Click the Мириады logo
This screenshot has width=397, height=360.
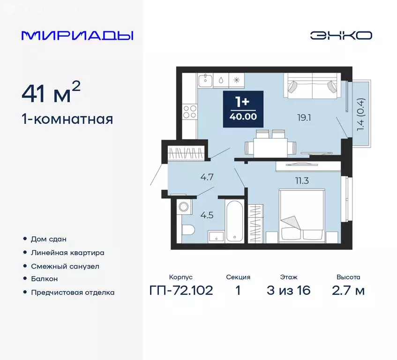click(x=77, y=36)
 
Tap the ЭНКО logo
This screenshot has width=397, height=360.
click(x=341, y=35)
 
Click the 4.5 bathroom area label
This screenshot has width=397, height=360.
click(x=206, y=216)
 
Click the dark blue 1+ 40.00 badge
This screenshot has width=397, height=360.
click(x=243, y=109)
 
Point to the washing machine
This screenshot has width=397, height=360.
click(x=183, y=206)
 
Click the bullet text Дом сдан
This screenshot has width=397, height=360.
click(x=48, y=239)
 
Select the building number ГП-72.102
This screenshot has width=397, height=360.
click(x=181, y=291)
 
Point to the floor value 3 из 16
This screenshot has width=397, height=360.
click(x=288, y=291)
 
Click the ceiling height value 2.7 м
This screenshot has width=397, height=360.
click(x=348, y=291)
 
